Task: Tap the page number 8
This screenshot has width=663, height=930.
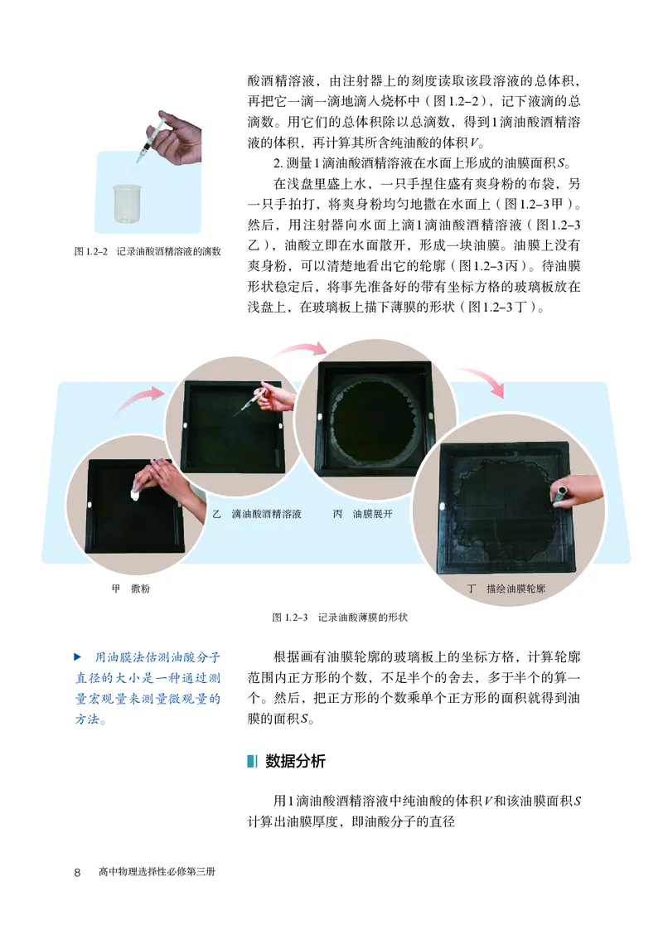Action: click(77, 872)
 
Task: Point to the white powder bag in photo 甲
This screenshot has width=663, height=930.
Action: click(134, 494)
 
